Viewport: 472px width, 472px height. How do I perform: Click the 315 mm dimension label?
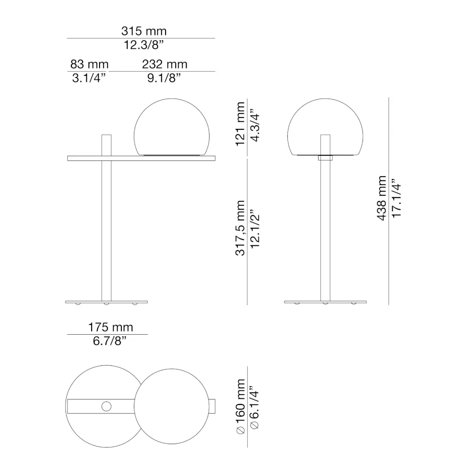[x=144, y=32]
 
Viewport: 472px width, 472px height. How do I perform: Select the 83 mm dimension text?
[x=89, y=65]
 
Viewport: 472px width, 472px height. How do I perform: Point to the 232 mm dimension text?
[x=165, y=65]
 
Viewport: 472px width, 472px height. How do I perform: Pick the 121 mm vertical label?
[x=240, y=124]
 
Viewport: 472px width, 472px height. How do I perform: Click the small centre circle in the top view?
[x=107, y=405]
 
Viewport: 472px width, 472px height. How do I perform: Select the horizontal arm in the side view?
[x=142, y=158]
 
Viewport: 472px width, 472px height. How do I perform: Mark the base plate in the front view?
[x=325, y=301]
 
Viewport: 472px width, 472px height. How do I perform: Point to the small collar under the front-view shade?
[x=325, y=158]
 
